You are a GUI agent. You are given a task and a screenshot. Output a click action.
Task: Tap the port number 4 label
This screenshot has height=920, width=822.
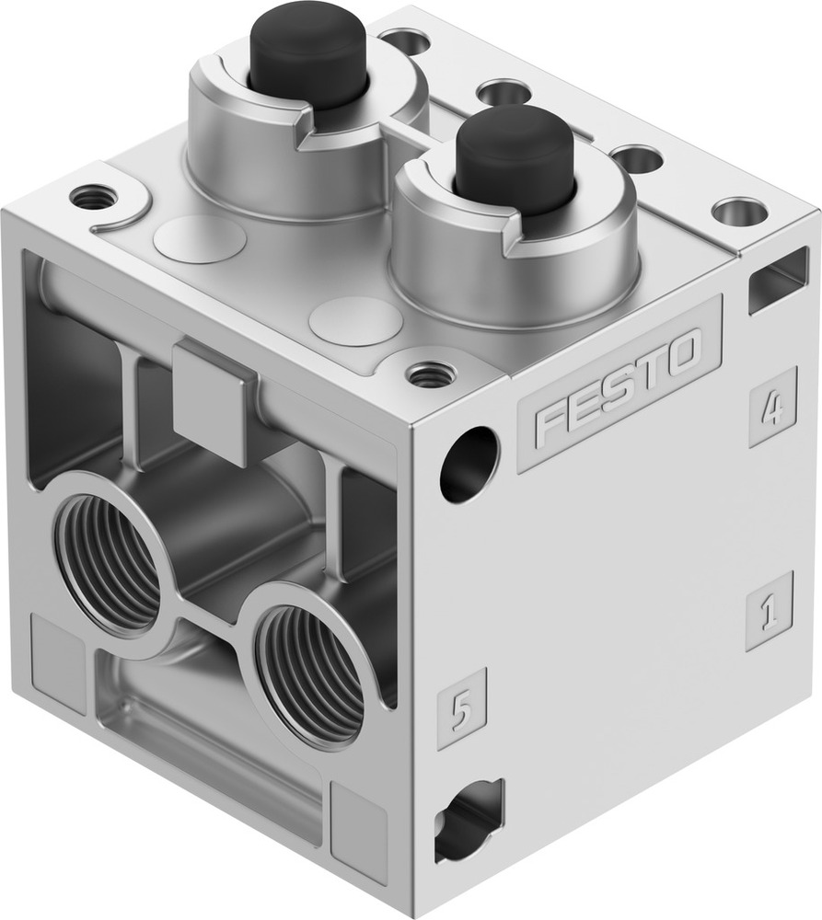(x=771, y=407)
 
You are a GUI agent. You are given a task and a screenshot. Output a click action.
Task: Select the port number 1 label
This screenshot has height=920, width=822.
(x=769, y=611)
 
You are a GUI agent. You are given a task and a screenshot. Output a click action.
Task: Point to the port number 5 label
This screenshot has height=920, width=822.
(x=461, y=707)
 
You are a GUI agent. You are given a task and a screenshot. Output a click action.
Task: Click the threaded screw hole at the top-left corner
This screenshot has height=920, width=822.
(x=94, y=196)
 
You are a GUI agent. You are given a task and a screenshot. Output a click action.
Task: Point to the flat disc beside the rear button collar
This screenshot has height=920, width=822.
(x=199, y=239)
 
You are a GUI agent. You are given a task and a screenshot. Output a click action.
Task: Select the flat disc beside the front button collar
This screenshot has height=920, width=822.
(x=355, y=321)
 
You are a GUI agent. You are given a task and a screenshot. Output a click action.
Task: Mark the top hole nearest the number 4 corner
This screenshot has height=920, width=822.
(x=739, y=212)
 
